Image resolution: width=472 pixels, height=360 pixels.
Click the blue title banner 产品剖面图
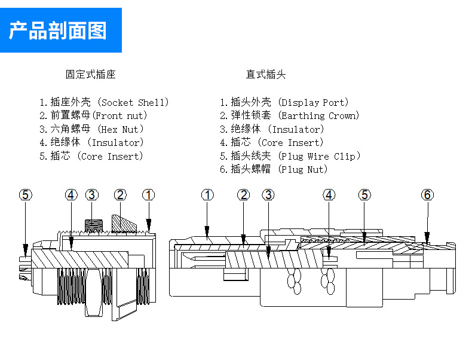61,30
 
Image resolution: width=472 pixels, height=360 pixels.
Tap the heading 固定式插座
91,74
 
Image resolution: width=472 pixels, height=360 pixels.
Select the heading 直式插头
266,74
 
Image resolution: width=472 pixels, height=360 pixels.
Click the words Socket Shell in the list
133,102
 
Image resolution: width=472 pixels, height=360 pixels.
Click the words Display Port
313,102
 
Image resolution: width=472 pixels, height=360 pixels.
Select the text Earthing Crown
318,115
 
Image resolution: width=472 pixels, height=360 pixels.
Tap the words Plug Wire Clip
318,156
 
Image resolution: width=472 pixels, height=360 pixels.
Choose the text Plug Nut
302,170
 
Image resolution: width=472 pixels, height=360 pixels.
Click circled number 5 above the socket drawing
26,195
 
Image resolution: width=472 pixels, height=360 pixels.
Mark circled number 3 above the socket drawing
92,195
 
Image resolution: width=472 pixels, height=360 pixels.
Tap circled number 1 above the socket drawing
149,195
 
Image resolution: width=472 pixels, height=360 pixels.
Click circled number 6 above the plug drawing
427,195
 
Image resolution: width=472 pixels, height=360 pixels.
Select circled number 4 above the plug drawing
329,195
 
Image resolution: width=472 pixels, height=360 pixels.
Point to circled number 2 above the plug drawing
244,195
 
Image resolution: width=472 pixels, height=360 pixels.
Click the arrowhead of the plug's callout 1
207,233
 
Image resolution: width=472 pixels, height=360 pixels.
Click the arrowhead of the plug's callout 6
427,238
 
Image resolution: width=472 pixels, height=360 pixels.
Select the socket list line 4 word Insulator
116,143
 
